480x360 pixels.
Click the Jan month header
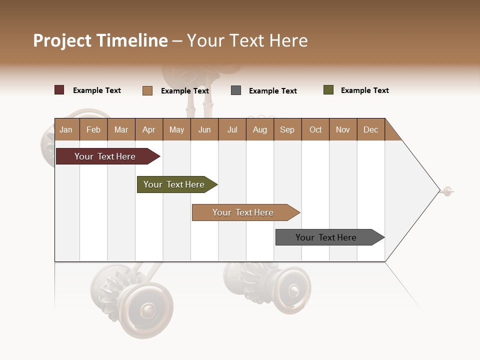click(x=66, y=129)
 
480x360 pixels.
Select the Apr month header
click(x=149, y=129)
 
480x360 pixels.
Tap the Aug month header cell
click(x=260, y=129)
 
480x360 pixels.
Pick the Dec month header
click(x=371, y=129)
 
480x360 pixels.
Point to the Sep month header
click(x=287, y=129)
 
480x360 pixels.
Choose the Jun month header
click(x=204, y=129)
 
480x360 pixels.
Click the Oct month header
click(x=315, y=129)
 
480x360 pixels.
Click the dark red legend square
click(x=59, y=90)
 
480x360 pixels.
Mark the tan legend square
click(x=147, y=90)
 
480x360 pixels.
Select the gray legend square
click(x=236, y=90)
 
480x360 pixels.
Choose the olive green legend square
click(x=328, y=90)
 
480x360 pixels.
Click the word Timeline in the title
click(x=132, y=40)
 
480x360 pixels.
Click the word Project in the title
click(x=62, y=40)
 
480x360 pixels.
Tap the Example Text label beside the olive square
click(x=364, y=90)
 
